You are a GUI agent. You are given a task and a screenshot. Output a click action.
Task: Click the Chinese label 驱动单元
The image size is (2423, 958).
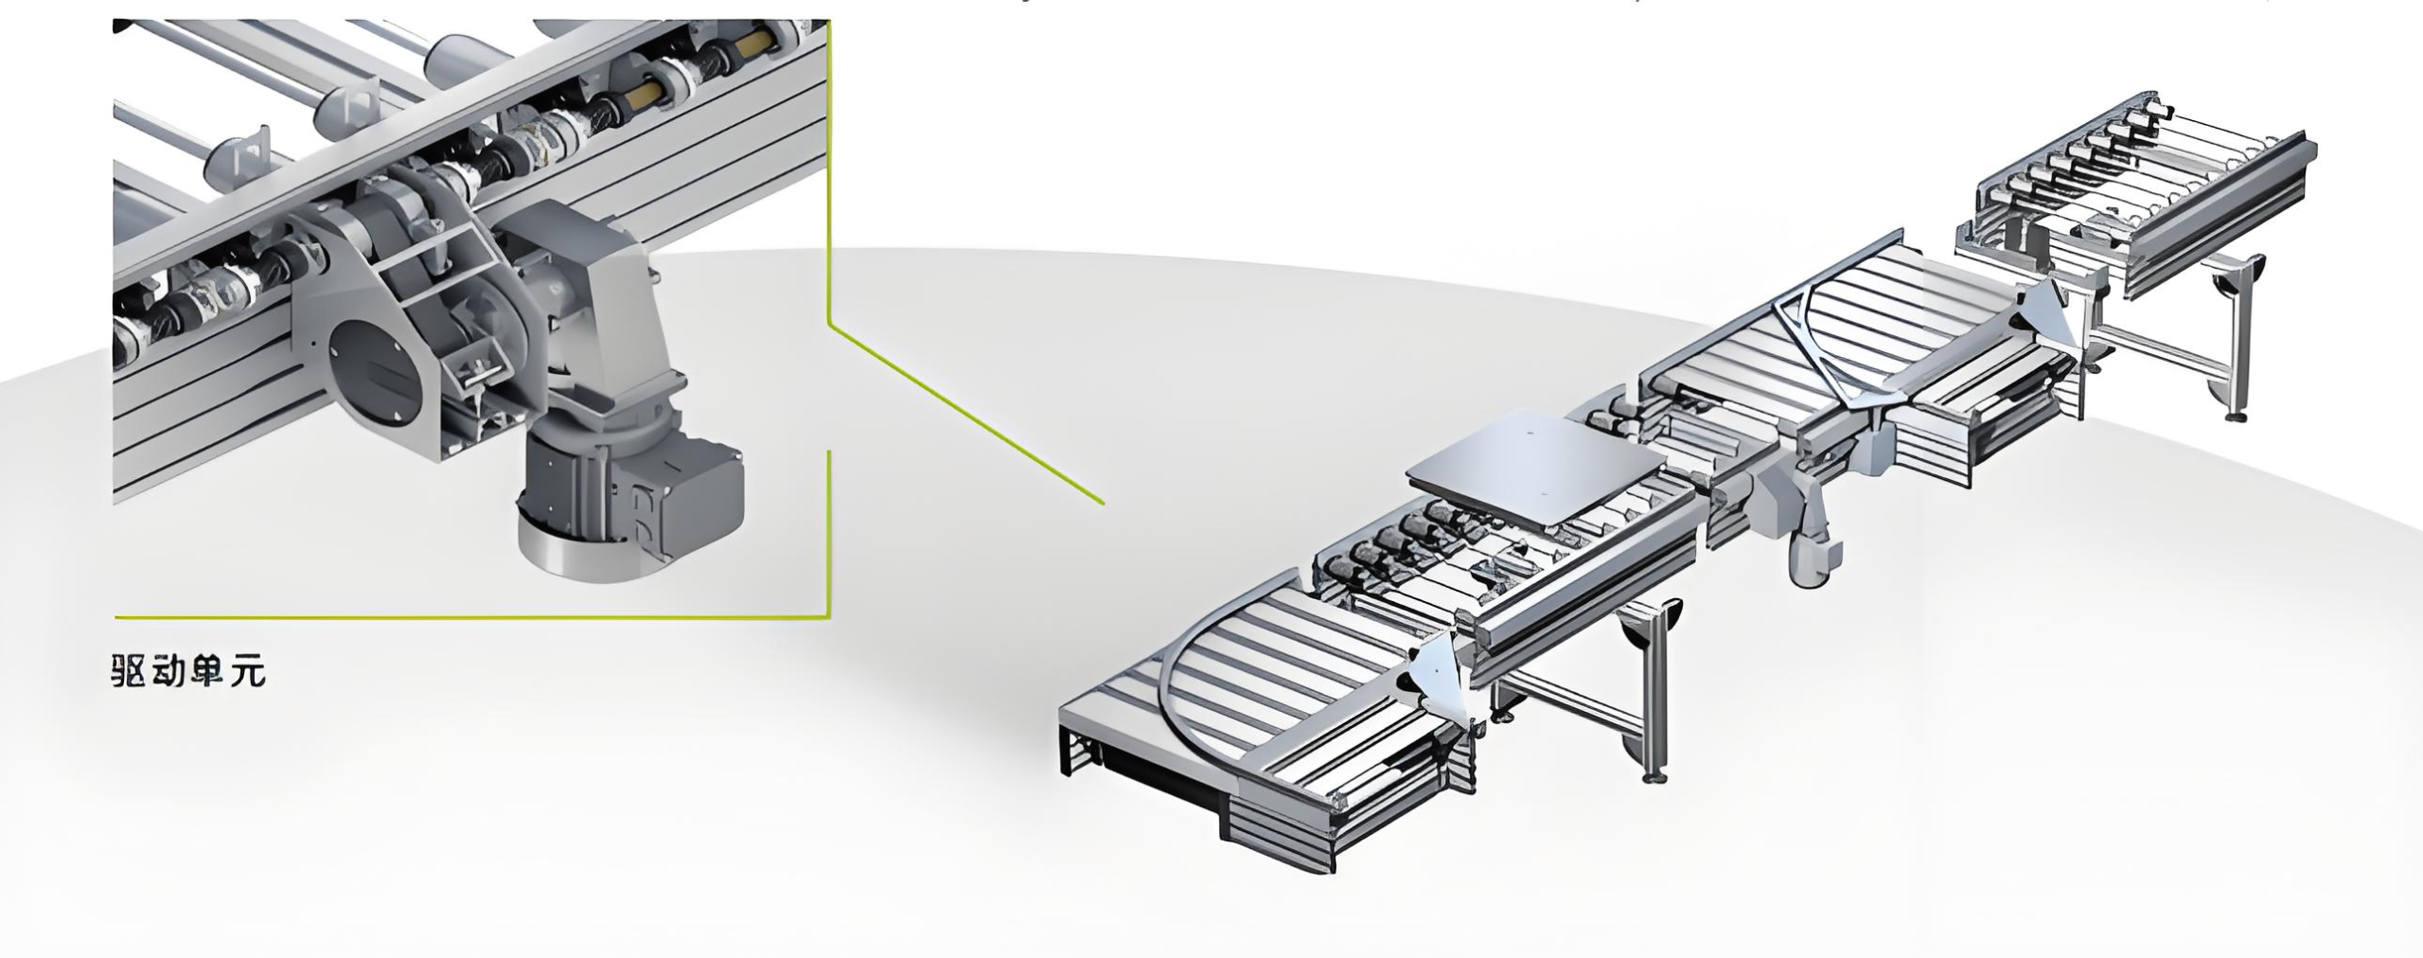[189, 671]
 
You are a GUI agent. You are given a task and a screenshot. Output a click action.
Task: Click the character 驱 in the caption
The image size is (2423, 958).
[130, 671]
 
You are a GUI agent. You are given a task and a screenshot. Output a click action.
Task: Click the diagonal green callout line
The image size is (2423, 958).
[966, 412]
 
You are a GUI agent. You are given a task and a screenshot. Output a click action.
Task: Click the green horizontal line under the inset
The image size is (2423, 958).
[471, 617]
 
